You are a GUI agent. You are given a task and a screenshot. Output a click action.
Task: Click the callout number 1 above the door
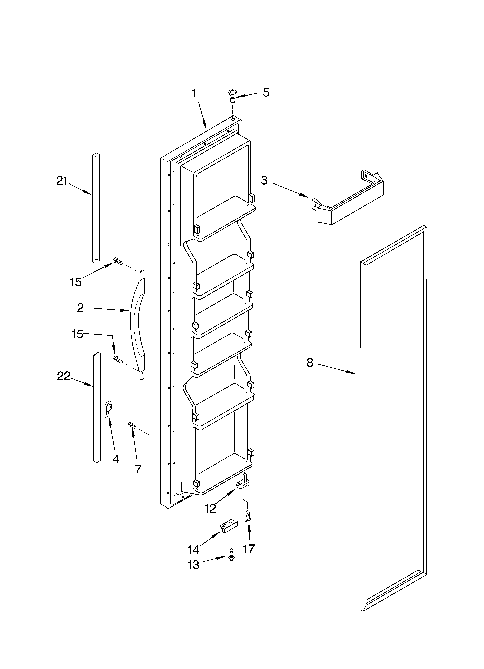194,93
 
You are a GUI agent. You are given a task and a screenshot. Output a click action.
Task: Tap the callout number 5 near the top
266,93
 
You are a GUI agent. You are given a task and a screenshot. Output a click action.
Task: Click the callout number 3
264,180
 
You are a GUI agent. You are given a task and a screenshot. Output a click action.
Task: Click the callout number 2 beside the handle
80,308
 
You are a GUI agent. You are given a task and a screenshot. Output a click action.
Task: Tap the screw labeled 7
132,426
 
